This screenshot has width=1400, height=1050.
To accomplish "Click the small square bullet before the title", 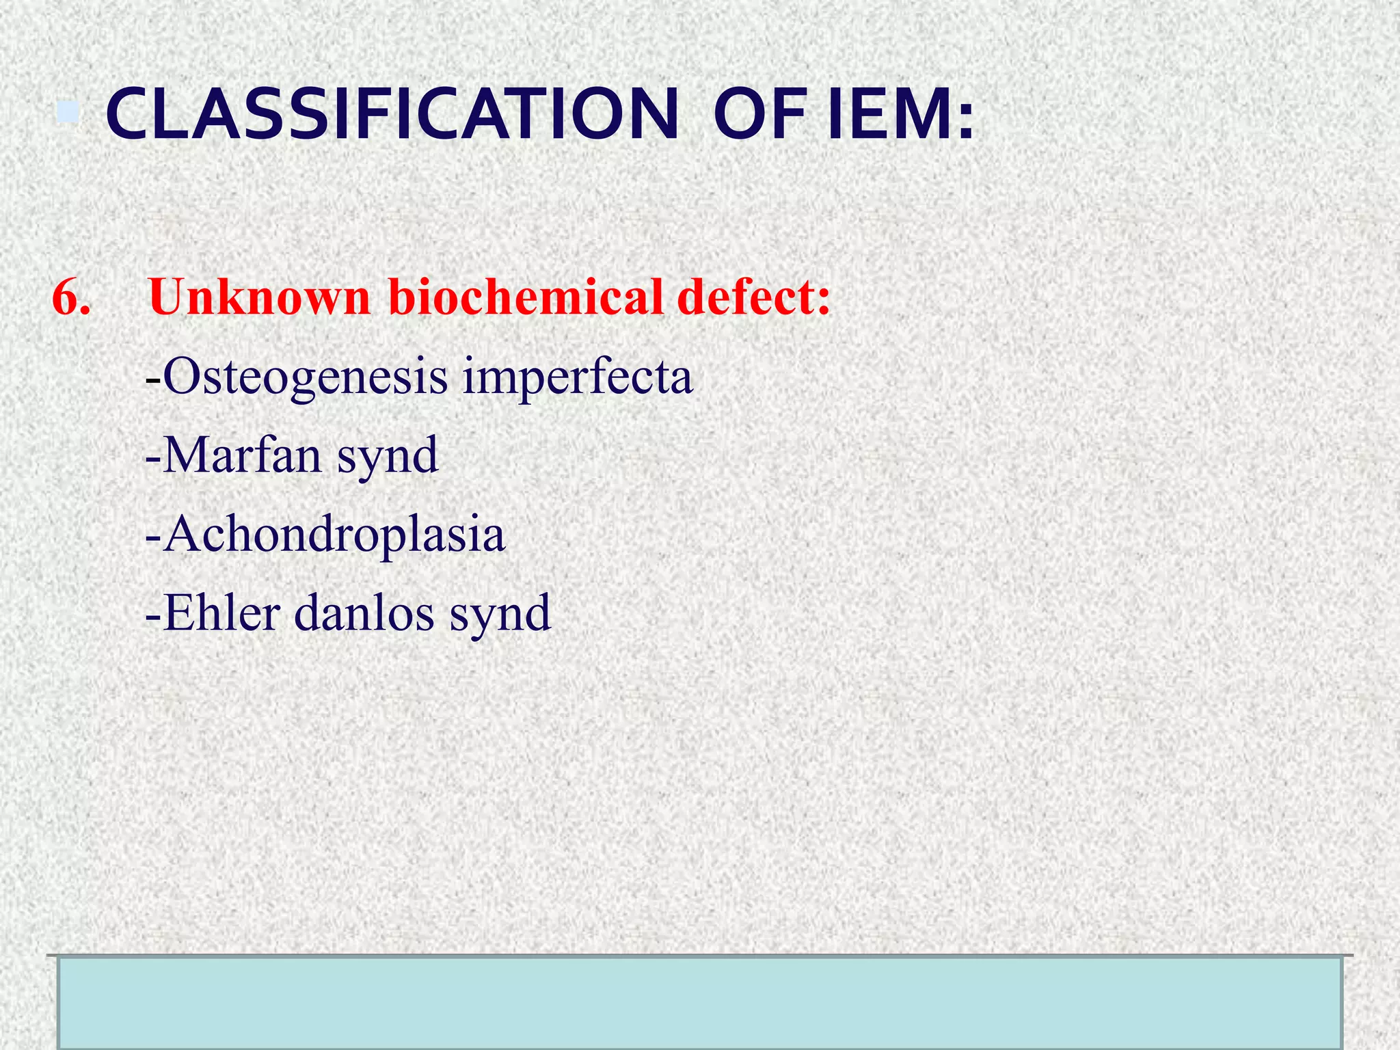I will (x=68, y=111).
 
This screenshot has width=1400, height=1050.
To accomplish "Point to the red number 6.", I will (x=71, y=298).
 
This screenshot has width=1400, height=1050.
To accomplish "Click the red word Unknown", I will (x=259, y=298).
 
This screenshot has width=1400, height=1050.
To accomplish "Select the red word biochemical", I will (x=526, y=298).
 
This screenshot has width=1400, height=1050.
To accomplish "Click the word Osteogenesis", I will (x=305, y=377).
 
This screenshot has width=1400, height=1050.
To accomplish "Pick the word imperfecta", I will (x=578, y=377).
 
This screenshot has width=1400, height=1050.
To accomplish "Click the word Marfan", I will (x=242, y=455).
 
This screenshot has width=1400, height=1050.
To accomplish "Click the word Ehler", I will (x=221, y=612).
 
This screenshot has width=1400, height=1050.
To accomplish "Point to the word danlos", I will (x=364, y=612).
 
